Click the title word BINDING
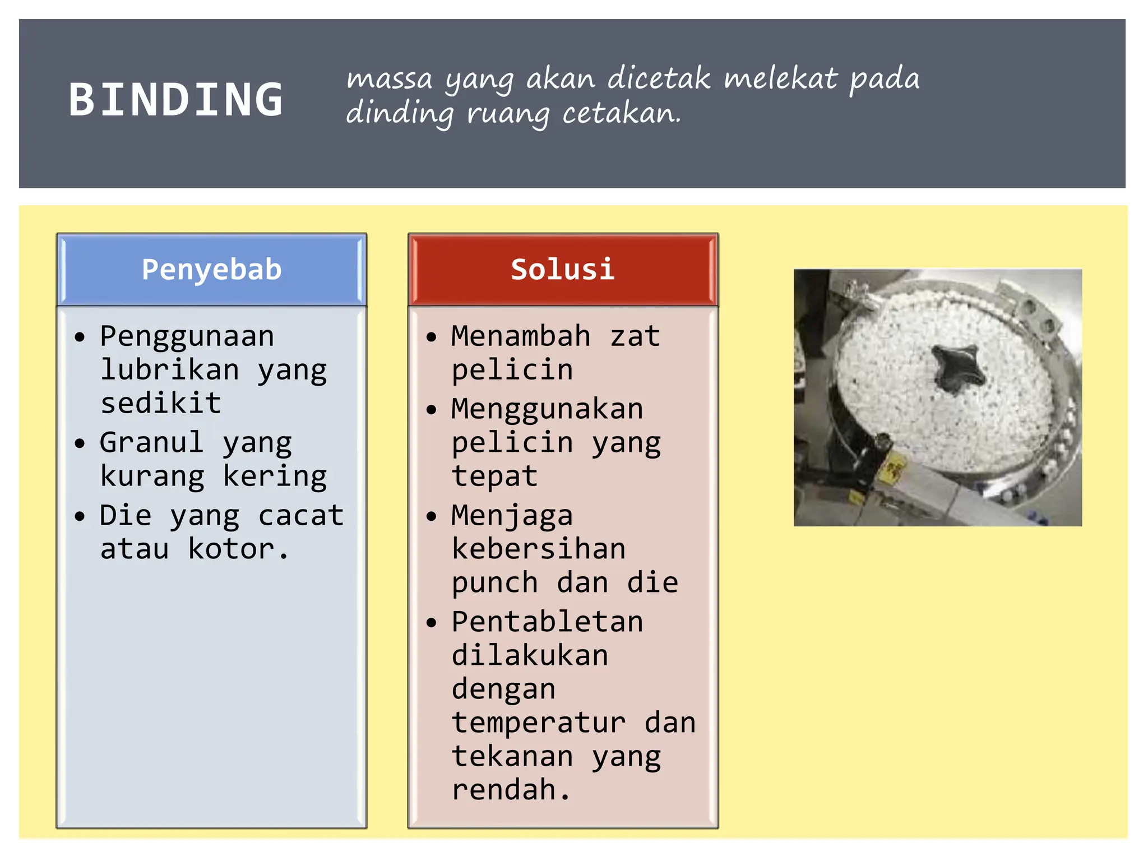pos(175,100)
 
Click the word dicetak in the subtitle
pos(659,78)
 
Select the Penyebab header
pos(211,270)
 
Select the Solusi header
pos(563,270)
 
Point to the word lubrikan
pos(170,370)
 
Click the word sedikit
pos(161,404)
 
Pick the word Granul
pos(151,442)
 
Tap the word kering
pos(275,476)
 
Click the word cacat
pos(301,515)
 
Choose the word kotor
pos(237,549)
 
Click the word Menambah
pos(521,336)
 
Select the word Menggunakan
pos(547,409)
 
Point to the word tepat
pos(494,476)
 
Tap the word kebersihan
pos(539,549)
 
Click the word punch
pos(494,583)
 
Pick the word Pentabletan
pos(547,622)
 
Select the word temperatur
pos(539,723)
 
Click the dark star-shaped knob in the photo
pos(957,367)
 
